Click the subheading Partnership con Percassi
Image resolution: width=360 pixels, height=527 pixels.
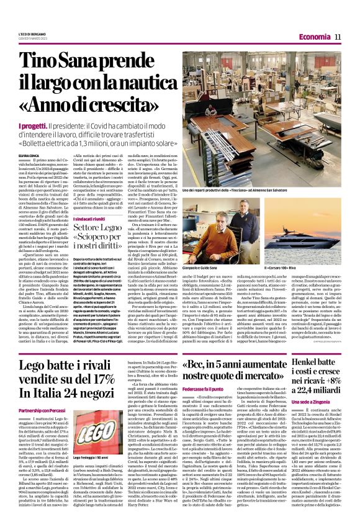[x=43, y=394]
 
